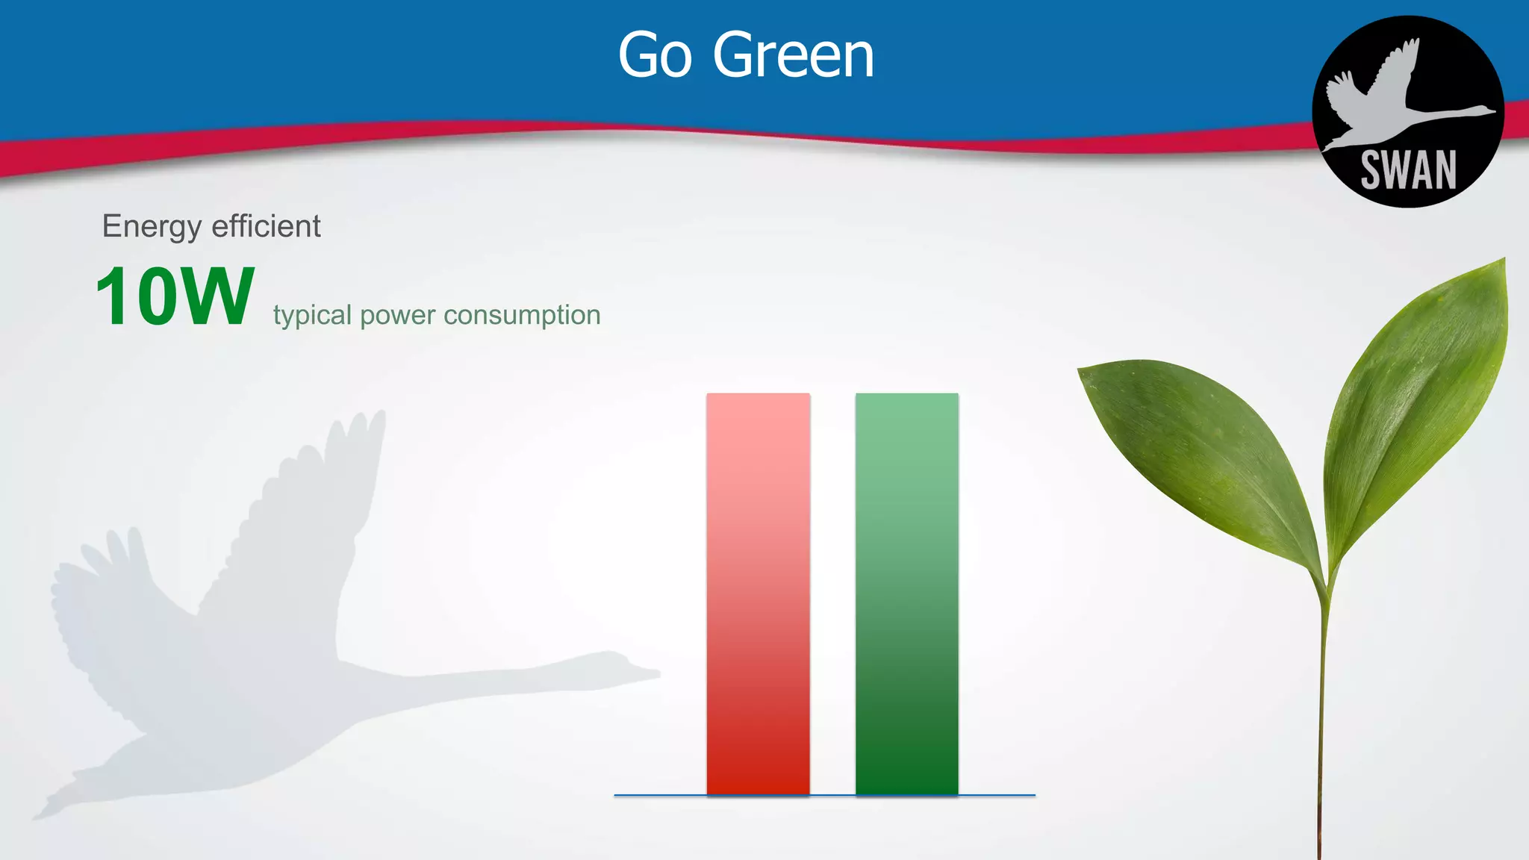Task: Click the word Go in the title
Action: [x=655, y=56]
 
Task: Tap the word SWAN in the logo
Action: [x=1408, y=170]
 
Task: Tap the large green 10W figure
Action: [x=175, y=297]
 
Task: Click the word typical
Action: [x=312, y=316]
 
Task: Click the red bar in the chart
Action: [x=758, y=593]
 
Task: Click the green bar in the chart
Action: [x=906, y=593]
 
